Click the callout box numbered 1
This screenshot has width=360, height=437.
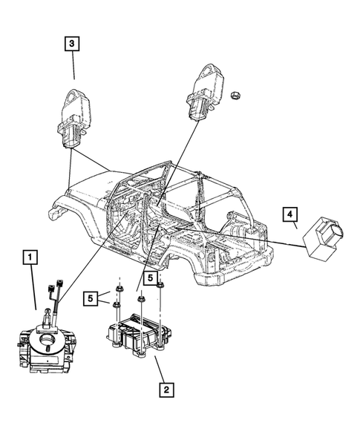point(30,258)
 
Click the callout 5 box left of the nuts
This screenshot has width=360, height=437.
point(90,298)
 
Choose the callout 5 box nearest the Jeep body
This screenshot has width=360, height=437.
point(152,278)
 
